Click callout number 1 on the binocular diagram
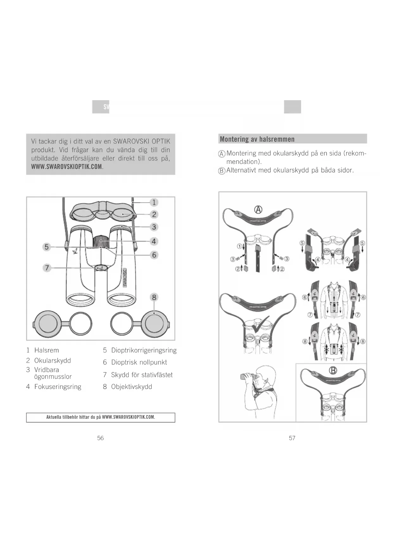pyautogui.click(x=154, y=202)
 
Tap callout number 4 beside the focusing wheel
pyautogui.click(x=154, y=241)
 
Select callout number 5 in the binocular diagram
pyautogui.click(x=47, y=247)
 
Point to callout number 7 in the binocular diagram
pyautogui.click(x=47, y=268)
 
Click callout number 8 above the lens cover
pyautogui.click(x=154, y=297)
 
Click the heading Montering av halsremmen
pyautogui.click(x=257, y=139)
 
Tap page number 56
pyautogui.click(x=100, y=438)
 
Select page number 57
pyautogui.click(x=292, y=438)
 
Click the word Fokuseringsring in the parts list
pyautogui.click(x=58, y=387)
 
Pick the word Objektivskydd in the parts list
pyautogui.click(x=131, y=387)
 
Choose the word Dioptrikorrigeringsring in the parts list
pyautogui.click(x=144, y=350)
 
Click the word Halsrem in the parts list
pyautogui.click(x=47, y=350)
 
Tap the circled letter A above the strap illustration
pyautogui.click(x=258, y=210)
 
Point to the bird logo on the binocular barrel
pyautogui.click(x=76, y=251)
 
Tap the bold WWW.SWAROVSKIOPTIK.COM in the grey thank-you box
pyautogui.click(x=67, y=167)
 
